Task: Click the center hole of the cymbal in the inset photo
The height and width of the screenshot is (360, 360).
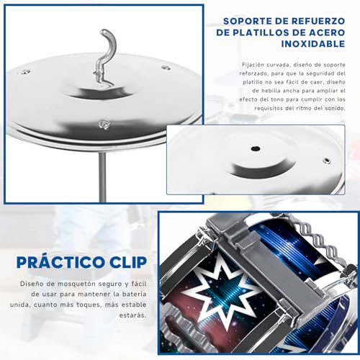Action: (x=256, y=150)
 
